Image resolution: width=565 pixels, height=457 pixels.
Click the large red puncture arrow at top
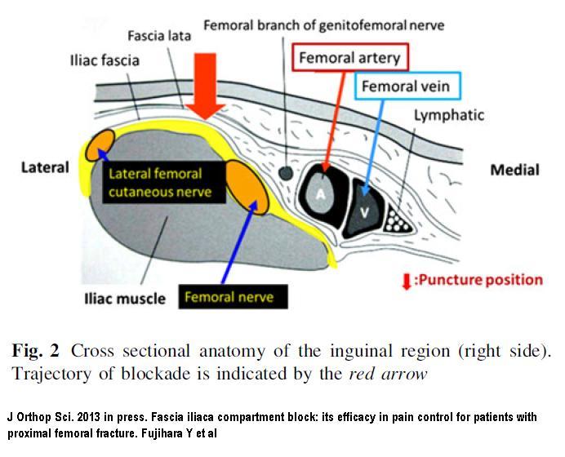pos(205,86)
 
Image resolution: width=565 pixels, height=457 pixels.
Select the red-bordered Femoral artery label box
pos(350,57)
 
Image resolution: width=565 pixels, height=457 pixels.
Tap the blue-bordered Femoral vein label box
pos(407,86)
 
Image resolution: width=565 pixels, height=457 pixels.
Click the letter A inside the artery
pos(321,194)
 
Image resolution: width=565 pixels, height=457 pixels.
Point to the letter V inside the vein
pos(365,213)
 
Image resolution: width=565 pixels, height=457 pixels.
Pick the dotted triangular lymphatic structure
pos(396,220)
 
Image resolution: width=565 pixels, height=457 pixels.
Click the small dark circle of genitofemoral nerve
pos(286,173)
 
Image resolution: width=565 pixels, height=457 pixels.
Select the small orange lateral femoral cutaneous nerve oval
pos(100,145)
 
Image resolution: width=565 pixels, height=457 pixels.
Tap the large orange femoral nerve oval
pos(247,187)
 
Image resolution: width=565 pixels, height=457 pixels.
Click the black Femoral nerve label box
pos(234,297)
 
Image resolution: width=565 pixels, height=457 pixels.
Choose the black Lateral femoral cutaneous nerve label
pos(164,183)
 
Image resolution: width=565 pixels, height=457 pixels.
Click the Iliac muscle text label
pos(125,299)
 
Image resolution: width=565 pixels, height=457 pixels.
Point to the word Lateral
pos(45,167)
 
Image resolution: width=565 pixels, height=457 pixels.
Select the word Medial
pos(515,170)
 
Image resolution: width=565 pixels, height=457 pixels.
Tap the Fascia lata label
pos(159,36)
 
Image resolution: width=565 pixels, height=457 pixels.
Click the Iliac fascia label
pos(105,60)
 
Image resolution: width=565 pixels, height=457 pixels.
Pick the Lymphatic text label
pos(448,115)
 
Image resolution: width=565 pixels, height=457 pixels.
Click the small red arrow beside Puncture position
pos(407,282)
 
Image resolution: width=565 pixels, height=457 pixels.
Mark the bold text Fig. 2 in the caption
pos(35,350)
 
